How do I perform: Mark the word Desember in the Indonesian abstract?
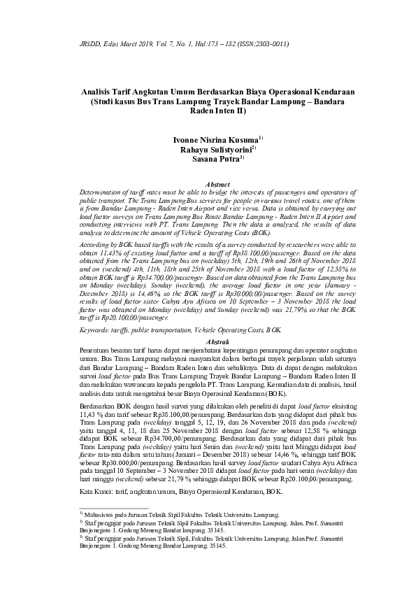[x=198, y=435]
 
